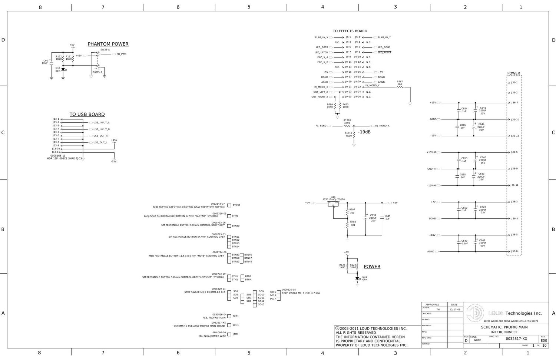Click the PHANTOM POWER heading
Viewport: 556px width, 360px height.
coord(108,44)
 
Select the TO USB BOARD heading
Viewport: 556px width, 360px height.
coord(87,115)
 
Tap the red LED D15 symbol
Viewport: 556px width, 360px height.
coord(63,69)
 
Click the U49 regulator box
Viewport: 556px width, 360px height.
coord(333,204)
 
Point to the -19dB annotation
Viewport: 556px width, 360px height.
coord(364,132)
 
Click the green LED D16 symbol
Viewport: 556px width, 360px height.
coord(357,278)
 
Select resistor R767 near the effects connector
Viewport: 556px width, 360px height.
coord(400,87)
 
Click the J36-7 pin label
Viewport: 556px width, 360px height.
coord(514,103)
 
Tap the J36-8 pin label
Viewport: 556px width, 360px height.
coord(514,251)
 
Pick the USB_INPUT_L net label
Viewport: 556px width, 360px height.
coord(101,122)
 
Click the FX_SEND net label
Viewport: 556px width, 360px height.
coord(321,126)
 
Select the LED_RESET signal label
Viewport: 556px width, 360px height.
coord(384,52)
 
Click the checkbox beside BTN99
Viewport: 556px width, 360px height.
coord(229,205)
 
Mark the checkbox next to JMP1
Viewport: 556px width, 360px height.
coord(229,334)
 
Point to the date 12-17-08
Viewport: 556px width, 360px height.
coord(455,310)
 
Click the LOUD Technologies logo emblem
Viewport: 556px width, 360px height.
coord(476,313)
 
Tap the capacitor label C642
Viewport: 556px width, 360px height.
coord(482,240)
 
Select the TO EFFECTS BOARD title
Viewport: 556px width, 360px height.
coord(350,31)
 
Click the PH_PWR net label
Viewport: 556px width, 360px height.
coord(121,54)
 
